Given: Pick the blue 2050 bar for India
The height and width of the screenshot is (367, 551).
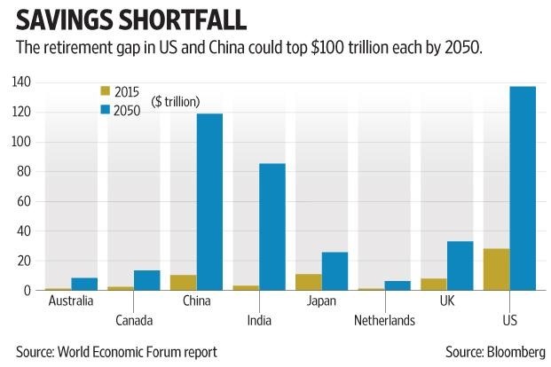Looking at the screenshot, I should [272, 227].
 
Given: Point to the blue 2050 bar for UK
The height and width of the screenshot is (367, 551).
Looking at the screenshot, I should [460, 266].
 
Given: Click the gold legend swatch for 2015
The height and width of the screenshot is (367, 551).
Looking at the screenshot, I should [104, 91].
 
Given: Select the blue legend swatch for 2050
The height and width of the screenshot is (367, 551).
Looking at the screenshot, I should [104, 109].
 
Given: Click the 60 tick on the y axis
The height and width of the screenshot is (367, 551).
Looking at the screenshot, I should [24, 201].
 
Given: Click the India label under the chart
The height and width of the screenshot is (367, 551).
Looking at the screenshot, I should [258, 320].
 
